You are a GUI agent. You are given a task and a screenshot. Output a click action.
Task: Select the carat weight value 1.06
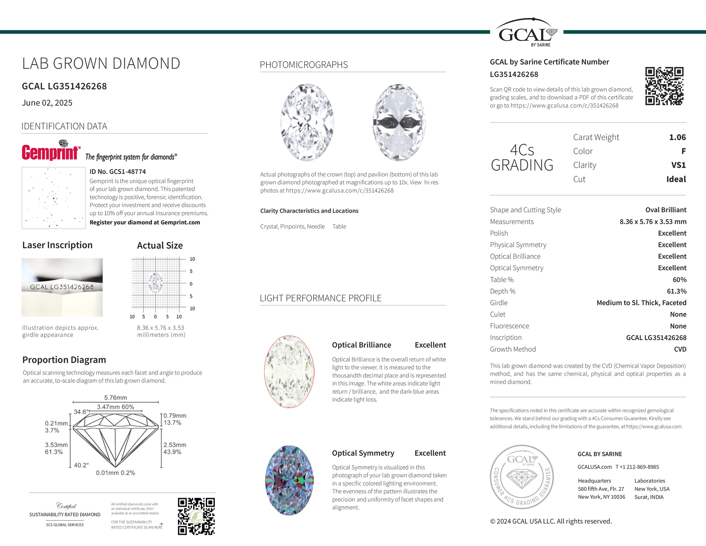point(677,137)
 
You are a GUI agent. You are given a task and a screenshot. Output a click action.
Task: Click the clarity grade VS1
point(678,165)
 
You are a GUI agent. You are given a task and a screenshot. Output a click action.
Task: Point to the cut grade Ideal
point(676,179)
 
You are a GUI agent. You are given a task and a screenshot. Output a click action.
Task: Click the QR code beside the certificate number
point(664,86)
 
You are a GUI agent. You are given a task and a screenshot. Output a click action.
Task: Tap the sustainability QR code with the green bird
point(196,516)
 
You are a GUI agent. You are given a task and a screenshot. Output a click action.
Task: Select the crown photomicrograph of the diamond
point(307,122)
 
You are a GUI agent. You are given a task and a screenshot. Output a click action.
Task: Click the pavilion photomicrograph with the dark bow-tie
point(399,122)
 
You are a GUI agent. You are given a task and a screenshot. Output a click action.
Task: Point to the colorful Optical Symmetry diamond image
point(289,480)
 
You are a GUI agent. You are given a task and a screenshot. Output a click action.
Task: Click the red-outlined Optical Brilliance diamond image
point(289,372)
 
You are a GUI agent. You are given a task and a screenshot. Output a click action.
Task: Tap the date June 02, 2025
point(47,103)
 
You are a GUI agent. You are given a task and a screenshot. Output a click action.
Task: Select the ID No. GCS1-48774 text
point(118,172)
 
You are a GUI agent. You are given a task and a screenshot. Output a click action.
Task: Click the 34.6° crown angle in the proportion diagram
point(81,412)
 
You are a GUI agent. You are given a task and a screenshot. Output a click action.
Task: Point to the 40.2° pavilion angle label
point(81,465)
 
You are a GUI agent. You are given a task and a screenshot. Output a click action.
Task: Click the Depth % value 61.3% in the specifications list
point(676,291)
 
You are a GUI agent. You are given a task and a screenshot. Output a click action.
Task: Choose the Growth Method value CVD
point(680,349)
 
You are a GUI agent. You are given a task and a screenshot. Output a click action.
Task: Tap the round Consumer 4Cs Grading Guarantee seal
point(522,477)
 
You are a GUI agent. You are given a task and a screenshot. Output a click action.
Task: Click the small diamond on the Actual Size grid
point(155,283)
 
